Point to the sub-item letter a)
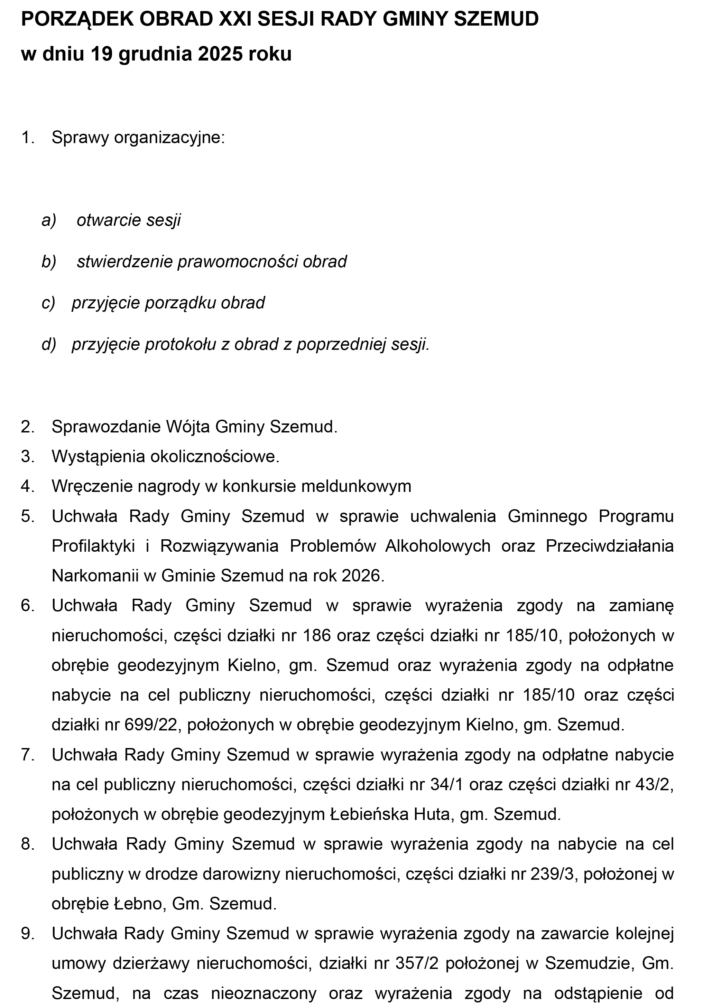(49, 220)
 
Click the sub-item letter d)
(49, 344)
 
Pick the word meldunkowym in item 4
(356, 486)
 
